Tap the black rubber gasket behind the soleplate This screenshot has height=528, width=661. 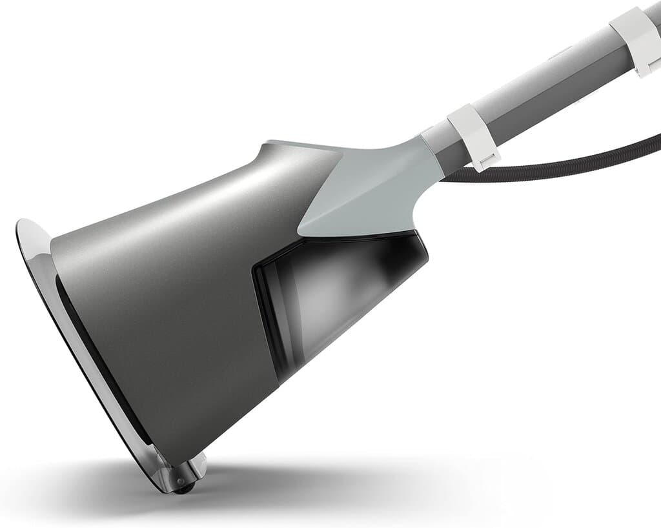97,361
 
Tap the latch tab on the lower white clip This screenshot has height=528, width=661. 482,161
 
